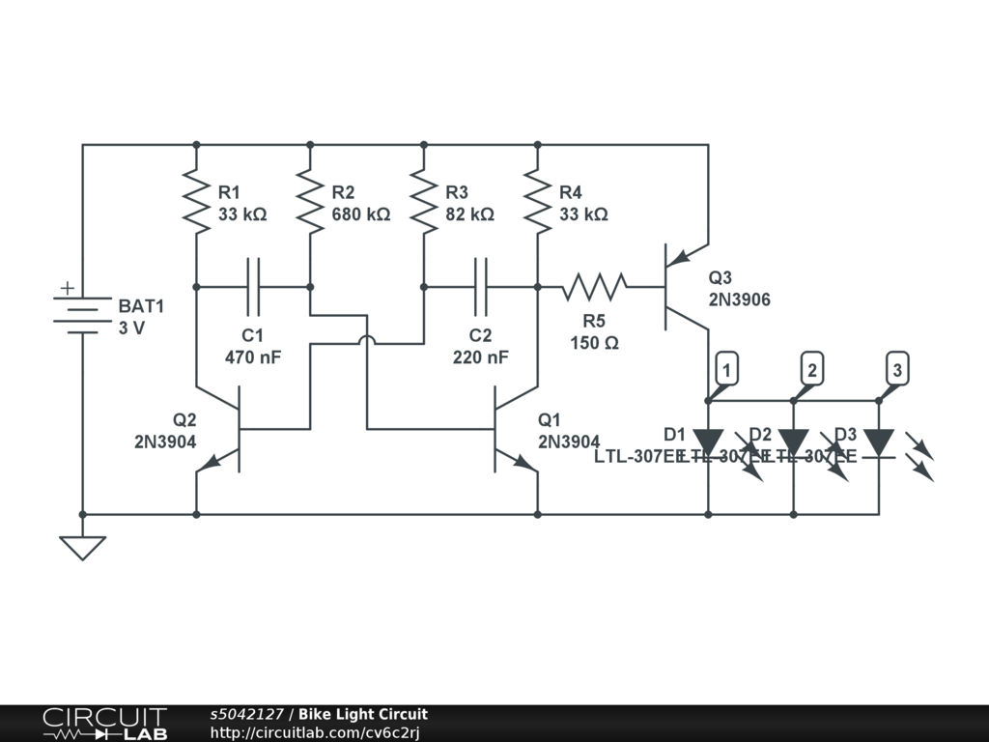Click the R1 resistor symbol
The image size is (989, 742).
tap(196, 202)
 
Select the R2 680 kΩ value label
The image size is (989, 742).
tap(361, 214)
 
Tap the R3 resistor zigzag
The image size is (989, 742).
tap(424, 202)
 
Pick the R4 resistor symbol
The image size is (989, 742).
tap(537, 202)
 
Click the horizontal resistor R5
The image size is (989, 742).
tap(595, 286)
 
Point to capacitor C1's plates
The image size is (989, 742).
tap(253, 286)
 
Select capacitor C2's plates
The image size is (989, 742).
tap(480, 286)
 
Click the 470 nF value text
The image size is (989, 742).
tap(252, 357)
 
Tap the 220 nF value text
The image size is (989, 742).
tap(480, 357)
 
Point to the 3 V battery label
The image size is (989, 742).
tap(132, 328)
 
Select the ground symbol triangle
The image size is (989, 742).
tap(82, 548)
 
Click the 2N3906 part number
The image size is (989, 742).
tap(739, 300)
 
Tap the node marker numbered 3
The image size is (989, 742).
tap(898, 369)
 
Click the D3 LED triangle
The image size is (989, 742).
tap(878, 442)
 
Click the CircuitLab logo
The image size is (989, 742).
tap(104, 724)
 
